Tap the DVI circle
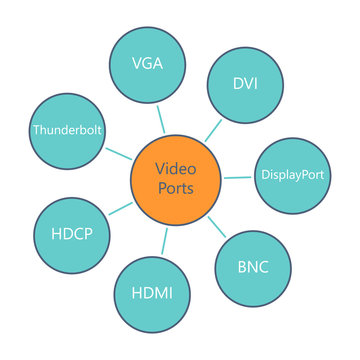pyautogui.click(x=244, y=83)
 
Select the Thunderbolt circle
pyautogui.click(x=68, y=130)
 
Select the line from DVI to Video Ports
pyautogui.click(x=211, y=132)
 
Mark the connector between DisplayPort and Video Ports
pyautogui.click(x=237, y=176)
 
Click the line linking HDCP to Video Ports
pyautogui.click(x=119, y=208)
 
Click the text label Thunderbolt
pyautogui.click(x=68, y=130)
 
